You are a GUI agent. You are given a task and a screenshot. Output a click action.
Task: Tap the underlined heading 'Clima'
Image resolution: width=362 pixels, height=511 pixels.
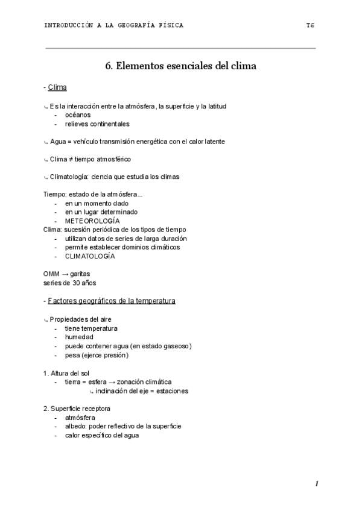click(x=57, y=88)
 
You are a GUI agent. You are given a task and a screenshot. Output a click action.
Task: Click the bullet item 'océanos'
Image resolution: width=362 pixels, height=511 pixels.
click(x=78, y=114)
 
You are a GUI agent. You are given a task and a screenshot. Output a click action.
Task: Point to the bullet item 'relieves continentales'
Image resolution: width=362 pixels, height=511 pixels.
click(x=97, y=124)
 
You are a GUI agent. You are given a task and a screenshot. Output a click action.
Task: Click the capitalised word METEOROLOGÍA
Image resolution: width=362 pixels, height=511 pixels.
click(x=92, y=221)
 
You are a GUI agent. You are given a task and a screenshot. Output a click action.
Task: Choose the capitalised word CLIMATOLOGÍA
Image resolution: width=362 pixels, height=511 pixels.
click(x=91, y=256)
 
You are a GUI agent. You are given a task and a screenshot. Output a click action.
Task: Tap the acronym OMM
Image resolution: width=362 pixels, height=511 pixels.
click(x=51, y=274)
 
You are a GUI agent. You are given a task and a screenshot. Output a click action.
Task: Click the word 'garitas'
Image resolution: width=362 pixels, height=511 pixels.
click(x=80, y=274)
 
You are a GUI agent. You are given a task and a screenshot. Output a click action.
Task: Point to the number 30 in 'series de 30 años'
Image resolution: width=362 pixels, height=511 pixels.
click(x=76, y=283)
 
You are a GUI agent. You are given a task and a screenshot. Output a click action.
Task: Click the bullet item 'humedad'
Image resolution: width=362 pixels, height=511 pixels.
click(x=79, y=337)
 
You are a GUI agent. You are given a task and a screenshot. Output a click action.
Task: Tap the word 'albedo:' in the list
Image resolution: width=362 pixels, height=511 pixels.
click(x=76, y=426)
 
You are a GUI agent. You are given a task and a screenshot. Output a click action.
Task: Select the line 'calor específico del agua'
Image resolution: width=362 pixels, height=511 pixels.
click(x=102, y=435)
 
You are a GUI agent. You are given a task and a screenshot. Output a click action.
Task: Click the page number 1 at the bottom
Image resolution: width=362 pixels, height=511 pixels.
click(x=316, y=484)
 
